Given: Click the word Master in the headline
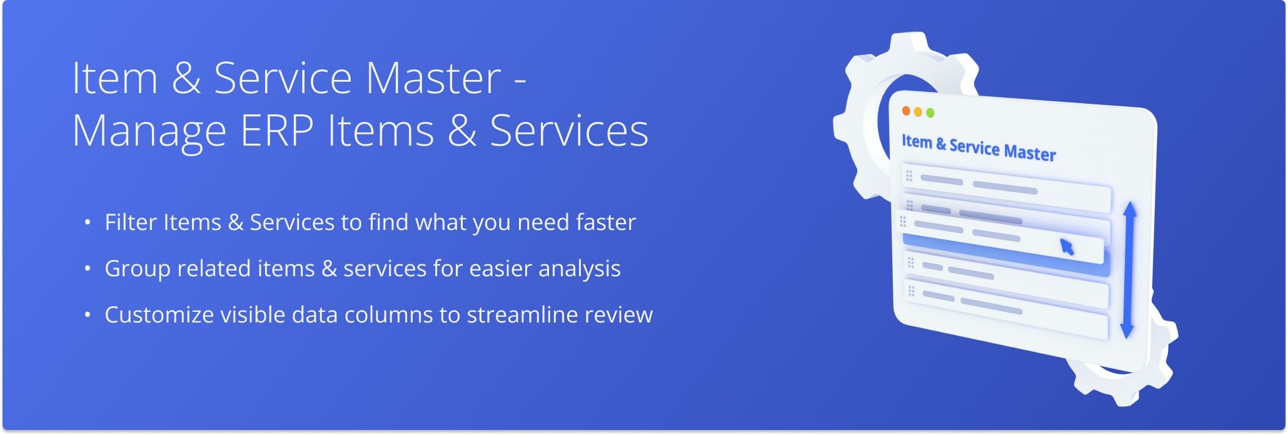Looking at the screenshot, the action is tap(433, 78).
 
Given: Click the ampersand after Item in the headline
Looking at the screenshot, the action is tap(186, 78).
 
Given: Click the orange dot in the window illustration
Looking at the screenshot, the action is tap(906, 111).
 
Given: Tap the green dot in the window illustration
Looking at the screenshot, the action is tap(930, 112).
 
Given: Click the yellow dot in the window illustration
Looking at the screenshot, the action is tap(918, 111).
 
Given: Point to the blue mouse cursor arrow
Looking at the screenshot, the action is tap(1067, 247).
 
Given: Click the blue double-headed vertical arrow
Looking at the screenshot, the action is tap(1129, 270).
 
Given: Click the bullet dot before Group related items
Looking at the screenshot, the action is tap(88, 269).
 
